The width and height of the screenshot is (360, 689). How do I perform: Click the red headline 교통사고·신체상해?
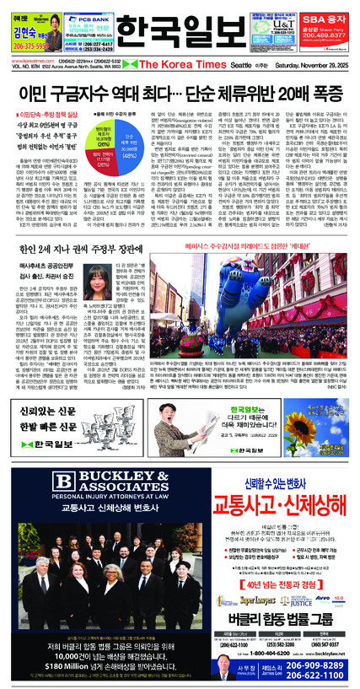tap(271, 503)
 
